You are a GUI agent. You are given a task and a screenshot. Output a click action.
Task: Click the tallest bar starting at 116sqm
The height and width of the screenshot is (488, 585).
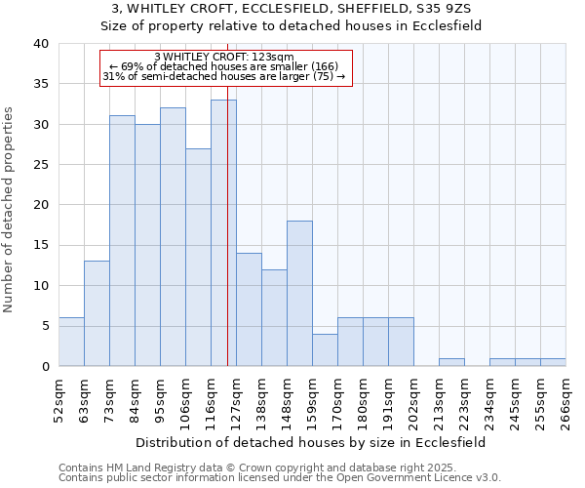pyautogui.click(x=223, y=233)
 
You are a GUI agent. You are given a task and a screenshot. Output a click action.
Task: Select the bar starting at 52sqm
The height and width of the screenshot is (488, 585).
pyautogui.click(x=71, y=342)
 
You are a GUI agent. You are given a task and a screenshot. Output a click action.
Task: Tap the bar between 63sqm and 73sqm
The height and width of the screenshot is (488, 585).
pyautogui.click(x=97, y=313)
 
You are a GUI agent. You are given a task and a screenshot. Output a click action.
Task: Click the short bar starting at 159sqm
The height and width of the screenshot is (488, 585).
pyautogui.click(x=325, y=350)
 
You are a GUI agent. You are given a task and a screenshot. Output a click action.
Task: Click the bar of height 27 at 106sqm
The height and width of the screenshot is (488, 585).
pyautogui.click(x=198, y=258)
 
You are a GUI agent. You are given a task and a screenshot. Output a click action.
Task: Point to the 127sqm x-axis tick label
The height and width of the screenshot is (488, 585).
pyautogui.click(x=237, y=398)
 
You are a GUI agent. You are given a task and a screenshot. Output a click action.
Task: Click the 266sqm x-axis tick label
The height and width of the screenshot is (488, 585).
pyautogui.click(x=566, y=398)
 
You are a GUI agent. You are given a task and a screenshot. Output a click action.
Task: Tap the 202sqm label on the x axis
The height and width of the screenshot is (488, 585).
pyautogui.click(x=414, y=398)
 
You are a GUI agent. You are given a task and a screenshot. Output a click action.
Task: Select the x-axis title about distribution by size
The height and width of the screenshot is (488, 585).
pyautogui.click(x=311, y=442)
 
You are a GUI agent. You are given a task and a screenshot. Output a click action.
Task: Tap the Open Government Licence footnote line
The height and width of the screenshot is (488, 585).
pyautogui.click(x=280, y=477)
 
